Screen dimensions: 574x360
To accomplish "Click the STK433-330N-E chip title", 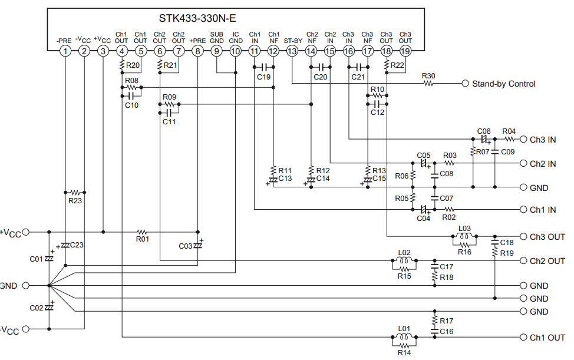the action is point(197,18).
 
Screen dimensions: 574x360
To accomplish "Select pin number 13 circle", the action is point(292,51).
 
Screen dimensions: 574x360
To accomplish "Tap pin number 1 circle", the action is point(65,51).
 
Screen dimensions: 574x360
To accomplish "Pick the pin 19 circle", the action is point(405,51).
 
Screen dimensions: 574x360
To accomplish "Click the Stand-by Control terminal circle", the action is point(465,84).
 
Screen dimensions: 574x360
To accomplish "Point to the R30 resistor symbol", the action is point(428,84).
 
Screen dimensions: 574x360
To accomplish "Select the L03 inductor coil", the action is point(464,236).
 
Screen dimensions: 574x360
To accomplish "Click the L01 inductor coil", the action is point(404,336).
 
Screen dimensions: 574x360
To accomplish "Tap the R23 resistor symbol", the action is point(75,192).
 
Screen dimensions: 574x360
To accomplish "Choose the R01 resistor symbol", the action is point(142,232).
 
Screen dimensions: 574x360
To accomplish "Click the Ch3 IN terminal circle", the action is point(523,139).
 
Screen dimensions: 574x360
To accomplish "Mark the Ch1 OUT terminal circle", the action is point(523,337).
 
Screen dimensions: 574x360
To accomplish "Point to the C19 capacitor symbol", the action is point(264,67).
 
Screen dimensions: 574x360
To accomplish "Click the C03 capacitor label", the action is point(185,246).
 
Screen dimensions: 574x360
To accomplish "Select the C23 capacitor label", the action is point(77,245).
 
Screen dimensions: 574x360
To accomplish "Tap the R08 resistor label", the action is point(131,81).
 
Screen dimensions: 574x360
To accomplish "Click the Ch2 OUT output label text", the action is point(547,261).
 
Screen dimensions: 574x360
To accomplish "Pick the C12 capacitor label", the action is point(377,113).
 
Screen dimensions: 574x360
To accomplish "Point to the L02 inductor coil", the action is point(404,260).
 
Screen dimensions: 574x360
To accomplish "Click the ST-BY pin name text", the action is point(293,41).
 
